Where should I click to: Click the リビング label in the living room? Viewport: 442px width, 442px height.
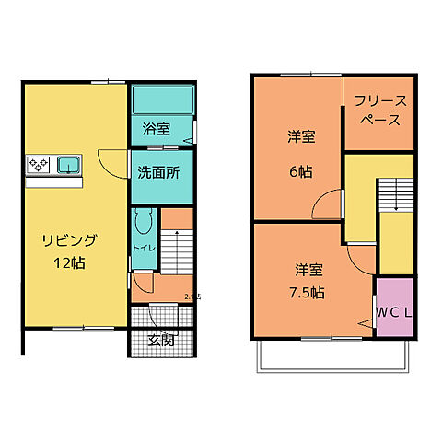pyautogui.click(x=69, y=240)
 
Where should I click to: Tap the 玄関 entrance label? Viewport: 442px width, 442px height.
pyautogui.click(x=161, y=340)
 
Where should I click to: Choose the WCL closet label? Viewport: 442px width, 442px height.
pyautogui.click(x=393, y=310)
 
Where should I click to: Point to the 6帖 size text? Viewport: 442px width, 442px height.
pyautogui.click(x=300, y=170)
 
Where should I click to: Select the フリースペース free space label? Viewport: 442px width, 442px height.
pyautogui.click(x=378, y=111)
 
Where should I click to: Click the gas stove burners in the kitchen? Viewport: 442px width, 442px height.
pyautogui.click(x=39, y=165)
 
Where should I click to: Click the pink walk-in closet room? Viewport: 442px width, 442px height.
pyautogui.click(x=393, y=301)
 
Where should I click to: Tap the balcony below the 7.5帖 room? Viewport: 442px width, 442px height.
pyautogui.click(x=329, y=355)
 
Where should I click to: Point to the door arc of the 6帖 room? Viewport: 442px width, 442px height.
pyautogui.click(x=324, y=207)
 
